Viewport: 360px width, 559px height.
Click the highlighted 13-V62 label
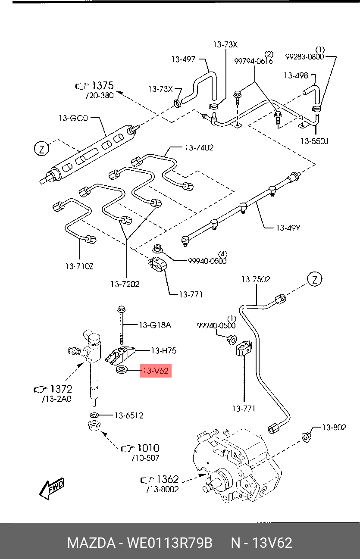point(156,370)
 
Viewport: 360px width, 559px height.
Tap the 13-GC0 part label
point(73,118)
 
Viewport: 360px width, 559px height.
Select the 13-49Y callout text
point(288,227)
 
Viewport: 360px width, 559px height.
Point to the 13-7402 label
point(199,147)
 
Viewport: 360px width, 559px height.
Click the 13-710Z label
point(79,266)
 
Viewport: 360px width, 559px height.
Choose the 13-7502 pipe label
point(256,279)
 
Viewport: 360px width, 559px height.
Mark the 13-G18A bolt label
point(155,325)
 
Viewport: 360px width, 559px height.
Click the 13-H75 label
point(163,351)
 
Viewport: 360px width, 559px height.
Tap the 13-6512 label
point(128,415)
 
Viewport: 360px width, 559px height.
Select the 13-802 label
point(334,427)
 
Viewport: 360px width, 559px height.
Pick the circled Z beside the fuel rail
point(42,149)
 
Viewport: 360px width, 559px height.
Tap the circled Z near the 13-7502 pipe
point(315,279)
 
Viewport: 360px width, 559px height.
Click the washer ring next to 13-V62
point(122,370)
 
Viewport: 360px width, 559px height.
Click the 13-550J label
point(315,141)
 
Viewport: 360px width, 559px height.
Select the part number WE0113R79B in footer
point(169,543)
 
